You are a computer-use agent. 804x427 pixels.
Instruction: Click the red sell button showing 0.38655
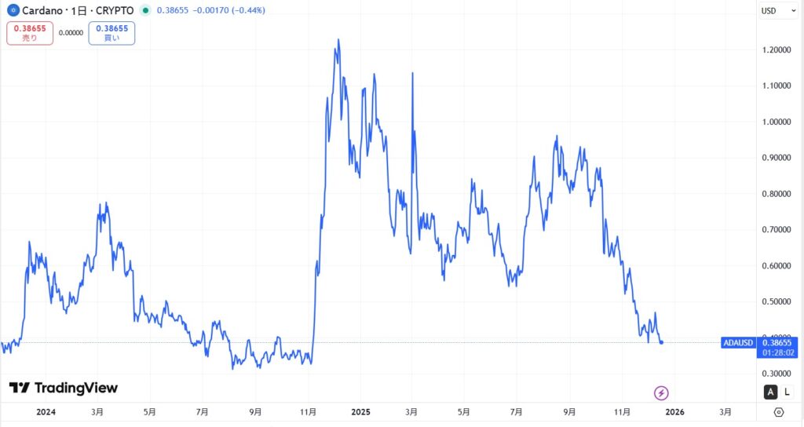click(x=30, y=33)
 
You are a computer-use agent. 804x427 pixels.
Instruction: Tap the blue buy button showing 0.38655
click(x=111, y=33)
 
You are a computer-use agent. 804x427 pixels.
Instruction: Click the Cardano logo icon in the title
click(x=13, y=11)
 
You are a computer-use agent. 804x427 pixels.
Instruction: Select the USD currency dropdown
click(x=773, y=11)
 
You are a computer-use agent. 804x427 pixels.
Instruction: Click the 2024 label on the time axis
click(x=46, y=411)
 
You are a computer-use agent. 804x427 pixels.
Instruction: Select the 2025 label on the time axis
click(x=361, y=411)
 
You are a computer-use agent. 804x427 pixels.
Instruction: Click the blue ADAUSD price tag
click(x=738, y=343)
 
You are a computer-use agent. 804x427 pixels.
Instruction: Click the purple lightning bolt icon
click(x=661, y=392)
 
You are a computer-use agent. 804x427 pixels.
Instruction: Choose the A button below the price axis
click(x=771, y=392)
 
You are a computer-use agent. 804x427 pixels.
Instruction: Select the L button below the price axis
click(x=788, y=392)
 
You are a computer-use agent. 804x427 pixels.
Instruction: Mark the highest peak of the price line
click(x=338, y=39)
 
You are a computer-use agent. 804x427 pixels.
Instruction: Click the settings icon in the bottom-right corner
click(x=778, y=412)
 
